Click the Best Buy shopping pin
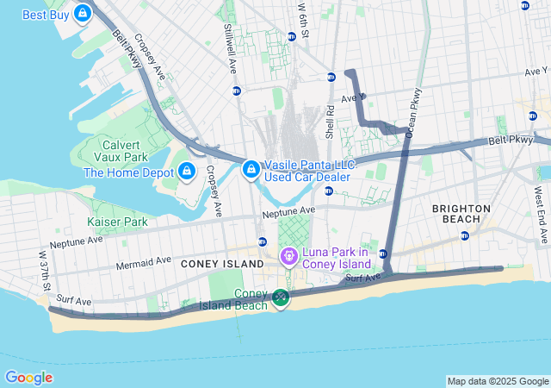83,13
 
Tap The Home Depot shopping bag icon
186,172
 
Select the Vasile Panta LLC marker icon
251,170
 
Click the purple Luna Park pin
288,256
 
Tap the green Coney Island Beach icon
281,298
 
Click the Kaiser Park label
117,222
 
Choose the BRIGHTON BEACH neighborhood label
461,214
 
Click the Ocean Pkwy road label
414,112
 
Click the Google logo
28,378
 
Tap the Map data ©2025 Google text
497,381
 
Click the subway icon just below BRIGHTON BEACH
465,235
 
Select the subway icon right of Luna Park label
383,253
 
